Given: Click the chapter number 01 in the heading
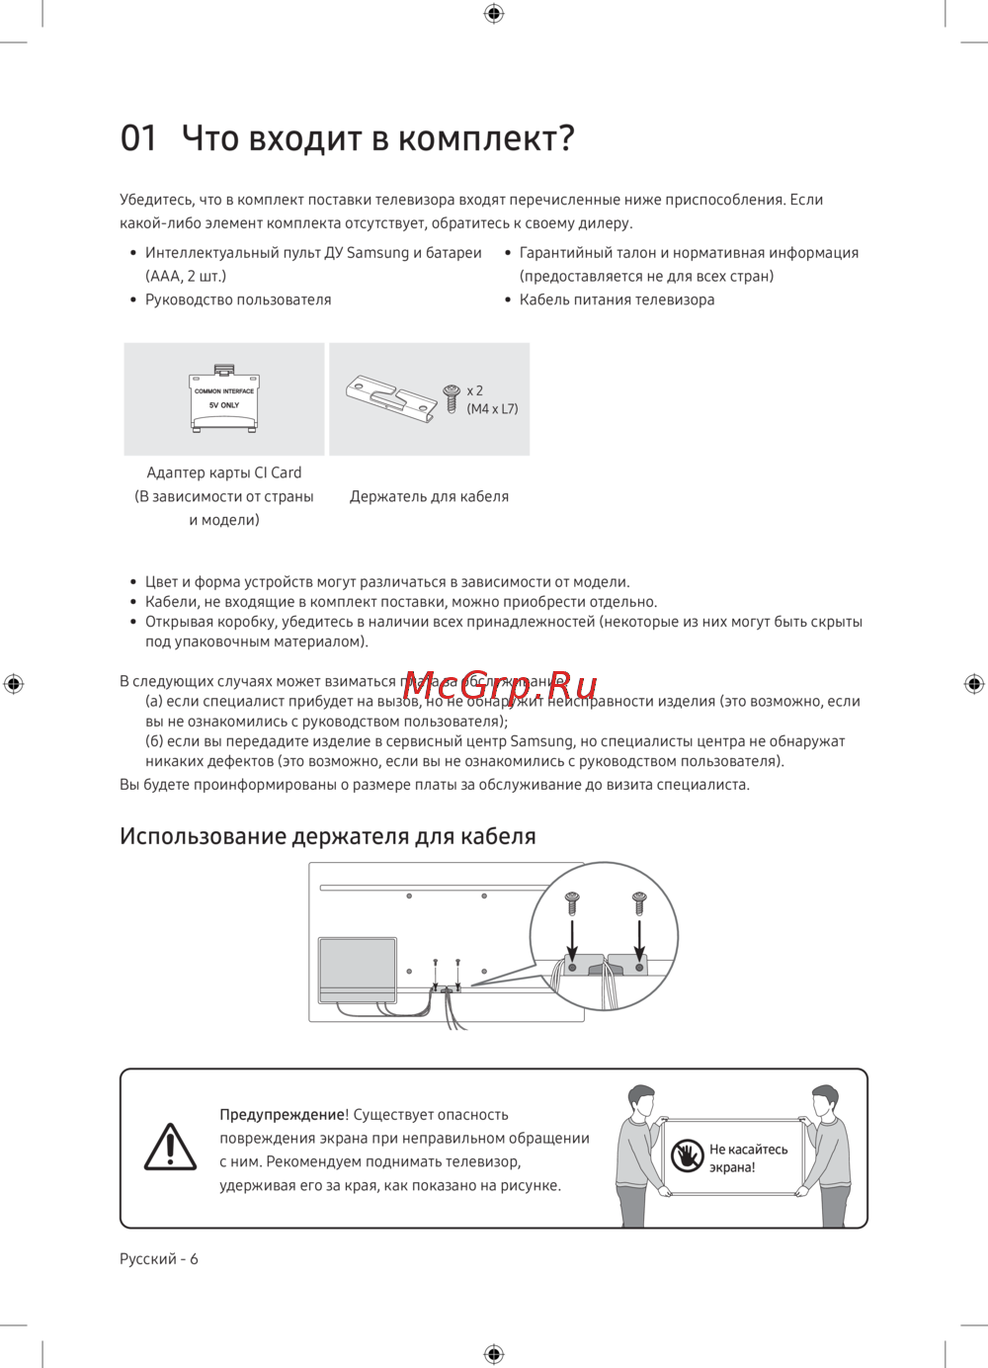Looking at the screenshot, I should (x=138, y=138).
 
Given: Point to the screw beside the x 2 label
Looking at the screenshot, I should (x=452, y=398).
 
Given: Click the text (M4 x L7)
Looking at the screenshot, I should (x=492, y=409).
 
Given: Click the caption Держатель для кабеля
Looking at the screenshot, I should (x=429, y=496).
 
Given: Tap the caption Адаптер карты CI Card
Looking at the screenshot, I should (x=224, y=472).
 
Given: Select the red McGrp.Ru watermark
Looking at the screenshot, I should (x=500, y=685).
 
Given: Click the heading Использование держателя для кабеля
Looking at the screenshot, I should (x=327, y=836).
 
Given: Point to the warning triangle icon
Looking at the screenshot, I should (x=170, y=1148).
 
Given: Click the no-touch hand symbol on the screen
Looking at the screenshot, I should (x=687, y=1155).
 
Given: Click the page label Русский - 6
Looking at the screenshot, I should (x=159, y=1258).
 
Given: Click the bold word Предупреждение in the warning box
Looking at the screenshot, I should (x=282, y=1114).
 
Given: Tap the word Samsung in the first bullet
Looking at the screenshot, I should (x=377, y=253).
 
